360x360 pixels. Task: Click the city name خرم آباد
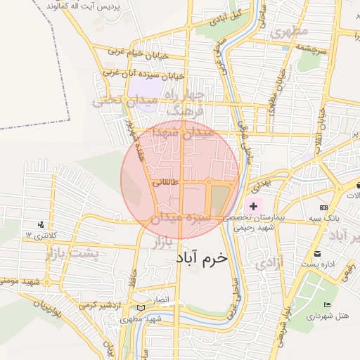202,258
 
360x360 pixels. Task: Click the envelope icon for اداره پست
317,254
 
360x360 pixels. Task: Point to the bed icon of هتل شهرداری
327,304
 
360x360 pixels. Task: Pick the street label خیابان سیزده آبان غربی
143,74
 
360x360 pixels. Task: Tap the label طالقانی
166,181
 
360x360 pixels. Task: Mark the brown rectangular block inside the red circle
221,199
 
